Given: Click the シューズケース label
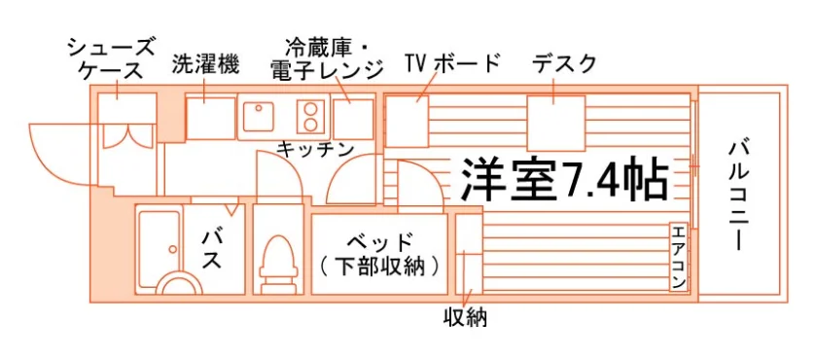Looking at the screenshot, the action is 112,58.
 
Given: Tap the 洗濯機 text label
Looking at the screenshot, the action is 205,64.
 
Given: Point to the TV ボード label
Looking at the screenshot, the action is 452,63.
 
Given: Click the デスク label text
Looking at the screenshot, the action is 563,63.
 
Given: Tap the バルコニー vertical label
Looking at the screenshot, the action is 738,196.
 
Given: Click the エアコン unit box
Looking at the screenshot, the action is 678,258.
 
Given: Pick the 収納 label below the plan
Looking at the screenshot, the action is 465,316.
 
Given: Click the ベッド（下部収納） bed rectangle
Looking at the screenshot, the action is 380,254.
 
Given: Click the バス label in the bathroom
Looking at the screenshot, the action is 213,249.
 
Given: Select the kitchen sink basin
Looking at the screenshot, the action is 256,117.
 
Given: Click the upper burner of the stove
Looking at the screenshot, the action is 311,109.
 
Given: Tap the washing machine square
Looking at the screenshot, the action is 211,119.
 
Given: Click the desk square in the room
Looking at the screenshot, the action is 556,124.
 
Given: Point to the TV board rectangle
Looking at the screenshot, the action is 407,121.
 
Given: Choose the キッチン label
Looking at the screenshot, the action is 315,149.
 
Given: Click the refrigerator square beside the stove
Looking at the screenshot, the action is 354,120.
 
